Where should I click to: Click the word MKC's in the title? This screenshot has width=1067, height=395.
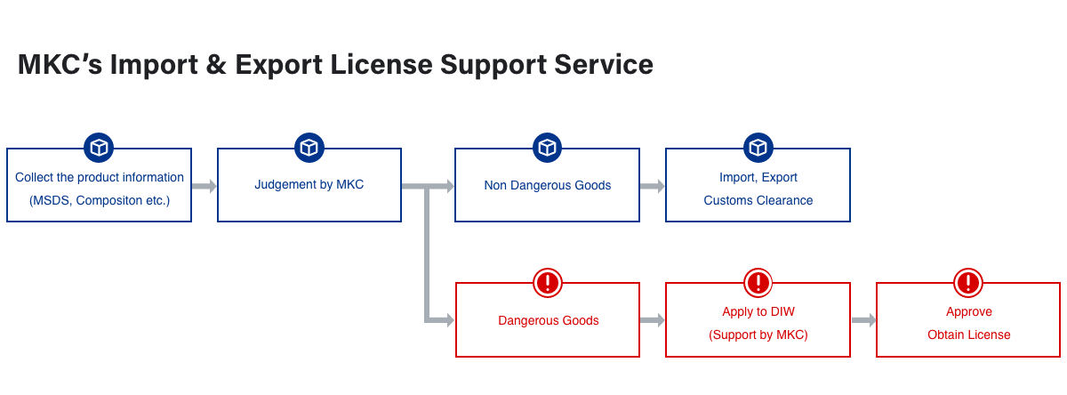coord(60,64)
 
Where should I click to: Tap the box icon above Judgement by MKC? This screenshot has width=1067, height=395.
coord(309,148)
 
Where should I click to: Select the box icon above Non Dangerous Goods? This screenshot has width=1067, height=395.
coord(547,148)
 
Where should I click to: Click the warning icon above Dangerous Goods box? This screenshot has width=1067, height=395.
coord(548,283)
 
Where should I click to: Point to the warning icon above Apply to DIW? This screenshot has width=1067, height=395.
coord(758,283)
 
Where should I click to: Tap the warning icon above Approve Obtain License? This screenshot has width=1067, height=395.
coord(967,283)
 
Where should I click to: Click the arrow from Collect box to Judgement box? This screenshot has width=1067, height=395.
coord(205,186)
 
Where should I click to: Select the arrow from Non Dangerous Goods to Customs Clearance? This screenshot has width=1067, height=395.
coord(652,186)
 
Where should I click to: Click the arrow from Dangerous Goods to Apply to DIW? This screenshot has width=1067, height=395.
coord(652,320)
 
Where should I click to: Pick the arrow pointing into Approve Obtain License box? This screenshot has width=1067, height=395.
coord(862,320)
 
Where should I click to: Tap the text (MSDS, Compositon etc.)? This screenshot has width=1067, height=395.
coord(99,200)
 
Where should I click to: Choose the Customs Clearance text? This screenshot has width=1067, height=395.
coord(758,200)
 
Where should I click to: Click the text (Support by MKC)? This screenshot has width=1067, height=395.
coord(758,335)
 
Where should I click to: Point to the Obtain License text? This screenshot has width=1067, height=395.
coord(968,335)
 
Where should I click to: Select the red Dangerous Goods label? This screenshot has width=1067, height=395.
coord(548,320)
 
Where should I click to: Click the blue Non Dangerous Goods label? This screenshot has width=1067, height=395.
coord(547,186)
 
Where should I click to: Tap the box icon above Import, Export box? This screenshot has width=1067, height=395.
coord(758,148)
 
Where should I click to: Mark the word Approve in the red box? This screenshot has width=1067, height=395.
coord(968,311)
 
